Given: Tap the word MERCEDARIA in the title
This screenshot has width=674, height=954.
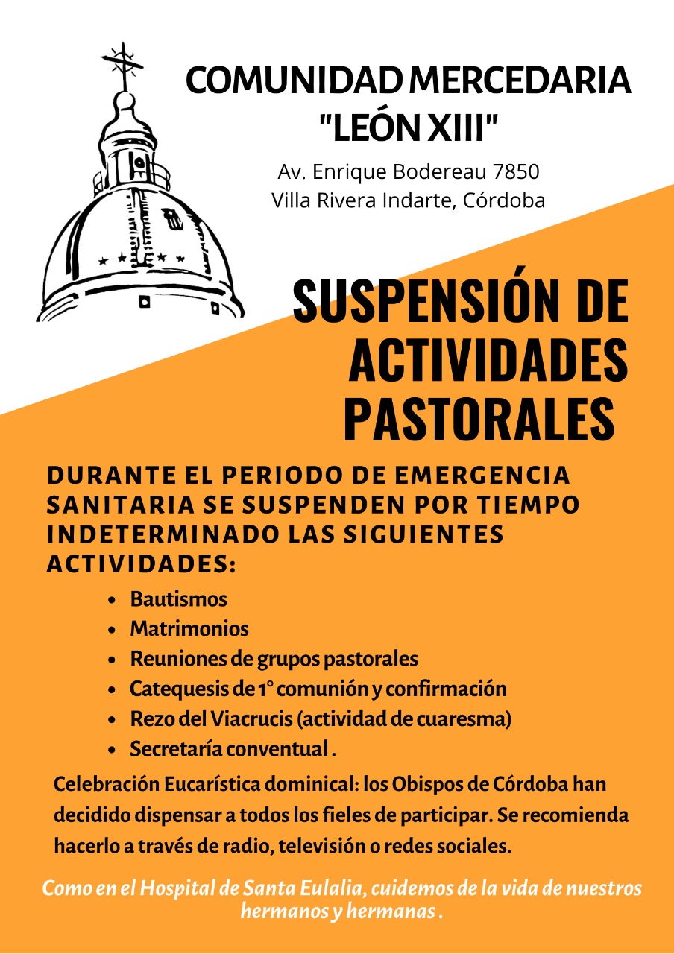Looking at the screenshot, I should point(520,81).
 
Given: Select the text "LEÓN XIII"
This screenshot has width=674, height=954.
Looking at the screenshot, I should point(408,127).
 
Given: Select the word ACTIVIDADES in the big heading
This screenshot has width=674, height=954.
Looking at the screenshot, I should point(488,361).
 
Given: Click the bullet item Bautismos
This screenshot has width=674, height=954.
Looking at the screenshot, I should point(178,599).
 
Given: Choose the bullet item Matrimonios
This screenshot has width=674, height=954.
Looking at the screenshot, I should point(189,629).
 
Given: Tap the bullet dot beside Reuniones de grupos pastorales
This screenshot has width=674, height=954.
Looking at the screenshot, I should point(112,660).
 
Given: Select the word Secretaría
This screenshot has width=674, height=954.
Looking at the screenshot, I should point(176,749).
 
